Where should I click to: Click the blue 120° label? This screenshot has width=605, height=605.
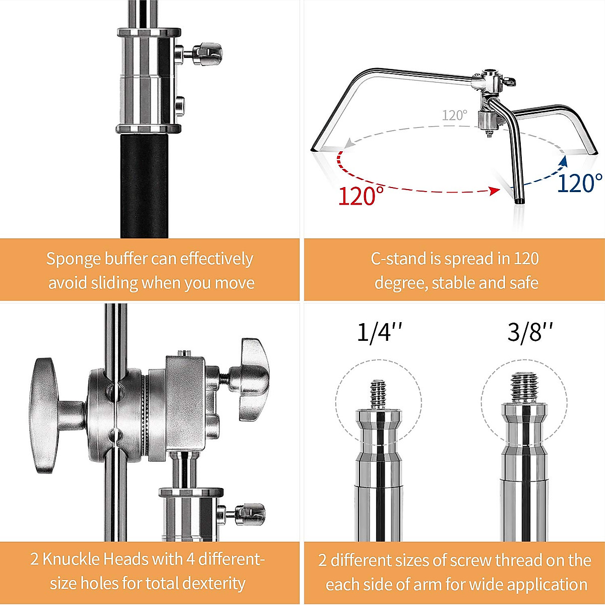(x=579, y=183)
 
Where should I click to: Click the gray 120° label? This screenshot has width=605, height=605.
(x=454, y=115)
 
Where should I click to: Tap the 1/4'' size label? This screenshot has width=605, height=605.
(x=380, y=332)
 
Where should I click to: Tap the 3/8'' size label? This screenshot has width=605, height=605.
(x=530, y=332)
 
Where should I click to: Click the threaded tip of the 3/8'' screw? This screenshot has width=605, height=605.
(x=525, y=388)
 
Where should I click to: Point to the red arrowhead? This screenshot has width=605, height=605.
(x=495, y=191)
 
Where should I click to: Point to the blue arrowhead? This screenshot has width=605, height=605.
(x=564, y=161)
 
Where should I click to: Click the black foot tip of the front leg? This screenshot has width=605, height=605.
(x=519, y=202)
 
